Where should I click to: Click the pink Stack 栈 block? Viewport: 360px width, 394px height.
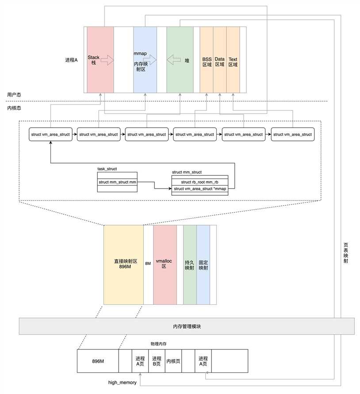point(100,60)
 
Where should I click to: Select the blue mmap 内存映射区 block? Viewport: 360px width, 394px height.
point(145,60)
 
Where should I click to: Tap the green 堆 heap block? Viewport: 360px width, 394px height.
point(180,60)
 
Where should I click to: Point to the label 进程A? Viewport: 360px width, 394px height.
point(71,60)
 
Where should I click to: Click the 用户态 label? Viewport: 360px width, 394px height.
point(15,95)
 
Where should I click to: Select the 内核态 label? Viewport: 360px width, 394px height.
point(15,108)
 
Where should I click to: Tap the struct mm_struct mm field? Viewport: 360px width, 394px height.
point(117,182)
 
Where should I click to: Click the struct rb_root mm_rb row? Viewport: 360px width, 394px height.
point(199,182)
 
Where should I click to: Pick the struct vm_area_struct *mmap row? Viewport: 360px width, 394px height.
point(199,189)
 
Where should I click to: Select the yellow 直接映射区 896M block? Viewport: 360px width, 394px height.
point(123,264)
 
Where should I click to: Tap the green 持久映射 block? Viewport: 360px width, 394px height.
point(190,264)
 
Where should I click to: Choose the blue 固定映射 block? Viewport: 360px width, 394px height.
point(203,264)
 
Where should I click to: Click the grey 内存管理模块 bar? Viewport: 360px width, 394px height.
point(187,326)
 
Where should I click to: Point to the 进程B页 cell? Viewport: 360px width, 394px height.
point(156,361)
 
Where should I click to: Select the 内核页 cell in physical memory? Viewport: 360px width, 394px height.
point(173,361)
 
